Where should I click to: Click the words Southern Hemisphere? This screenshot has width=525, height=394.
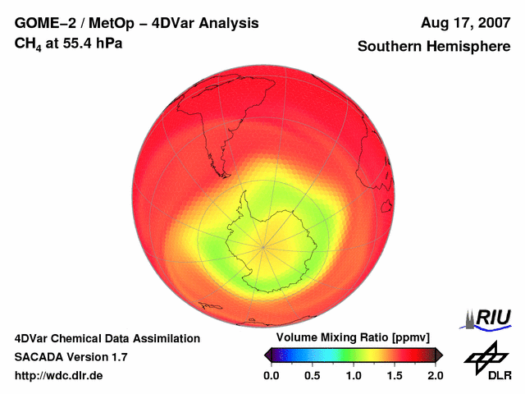[x=434, y=47]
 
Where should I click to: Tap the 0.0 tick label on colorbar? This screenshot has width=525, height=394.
[x=271, y=376]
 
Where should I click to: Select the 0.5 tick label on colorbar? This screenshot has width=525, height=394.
[x=312, y=376]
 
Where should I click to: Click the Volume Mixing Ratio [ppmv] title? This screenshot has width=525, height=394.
[x=353, y=338]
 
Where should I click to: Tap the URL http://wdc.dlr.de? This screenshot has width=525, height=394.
[x=59, y=376]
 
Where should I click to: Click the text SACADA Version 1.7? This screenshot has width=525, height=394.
[x=71, y=357]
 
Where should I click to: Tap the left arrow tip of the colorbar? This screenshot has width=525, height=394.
[x=265, y=355]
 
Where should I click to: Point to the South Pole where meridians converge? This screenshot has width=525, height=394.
[x=263, y=244]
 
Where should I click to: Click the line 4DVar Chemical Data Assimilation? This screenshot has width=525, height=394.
[x=107, y=338]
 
